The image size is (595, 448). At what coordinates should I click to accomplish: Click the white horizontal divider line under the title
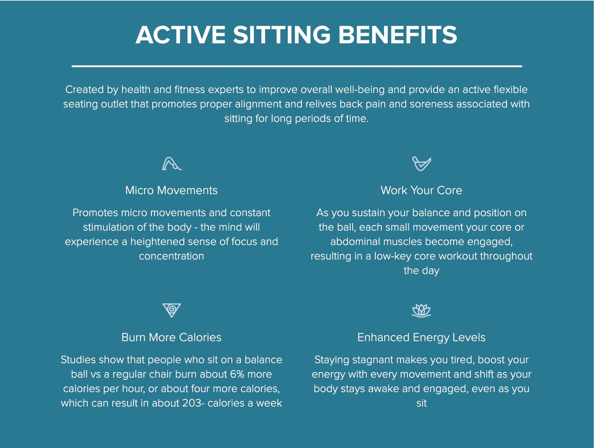coord(297,66)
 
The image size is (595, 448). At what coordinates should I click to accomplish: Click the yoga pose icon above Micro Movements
coord(172,164)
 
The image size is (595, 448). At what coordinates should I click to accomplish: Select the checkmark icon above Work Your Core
coord(421,164)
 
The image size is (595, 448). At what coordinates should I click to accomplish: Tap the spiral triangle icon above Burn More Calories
coord(172,310)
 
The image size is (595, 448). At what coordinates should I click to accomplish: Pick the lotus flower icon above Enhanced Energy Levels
coord(421,310)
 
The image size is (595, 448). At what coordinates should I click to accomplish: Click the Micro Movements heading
coord(171,190)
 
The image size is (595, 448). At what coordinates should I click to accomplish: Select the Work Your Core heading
coord(421,190)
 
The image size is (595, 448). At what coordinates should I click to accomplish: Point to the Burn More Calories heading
coord(171,337)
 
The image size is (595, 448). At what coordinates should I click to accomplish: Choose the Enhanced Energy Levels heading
coord(421,337)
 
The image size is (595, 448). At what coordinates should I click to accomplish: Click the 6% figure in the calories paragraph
coord(237,374)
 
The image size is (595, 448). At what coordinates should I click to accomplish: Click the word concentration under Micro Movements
coord(171,256)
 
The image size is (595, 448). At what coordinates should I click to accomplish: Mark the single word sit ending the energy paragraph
coord(421,403)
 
